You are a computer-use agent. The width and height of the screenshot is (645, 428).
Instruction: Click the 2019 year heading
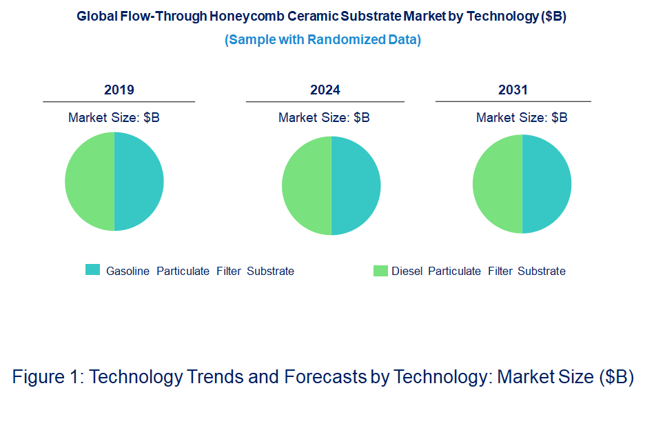pyautogui.click(x=119, y=90)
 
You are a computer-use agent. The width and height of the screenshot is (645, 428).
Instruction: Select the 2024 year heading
pyautogui.click(x=325, y=90)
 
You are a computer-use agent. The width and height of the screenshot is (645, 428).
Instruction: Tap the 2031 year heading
pyautogui.click(x=513, y=90)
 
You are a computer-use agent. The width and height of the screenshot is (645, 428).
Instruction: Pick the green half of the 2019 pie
pyautogui.click(x=90, y=181)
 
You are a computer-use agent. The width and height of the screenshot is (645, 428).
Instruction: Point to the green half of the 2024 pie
pyautogui.click(x=307, y=185)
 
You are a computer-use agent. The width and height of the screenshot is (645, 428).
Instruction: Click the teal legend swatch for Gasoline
pyautogui.click(x=92, y=270)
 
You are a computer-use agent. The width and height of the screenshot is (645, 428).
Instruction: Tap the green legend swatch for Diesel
pyautogui.click(x=380, y=271)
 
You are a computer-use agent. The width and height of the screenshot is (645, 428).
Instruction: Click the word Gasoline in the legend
pyautogui.click(x=127, y=272)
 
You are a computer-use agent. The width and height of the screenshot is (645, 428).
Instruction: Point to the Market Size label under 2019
pyautogui.click(x=114, y=118)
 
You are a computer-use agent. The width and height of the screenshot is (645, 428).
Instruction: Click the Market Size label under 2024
pyautogui.click(x=324, y=118)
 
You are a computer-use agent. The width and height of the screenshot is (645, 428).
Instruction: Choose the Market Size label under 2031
pyautogui.click(x=522, y=118)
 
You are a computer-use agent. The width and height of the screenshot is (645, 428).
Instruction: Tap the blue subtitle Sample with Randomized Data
pyautogui.click(x=322, y=40)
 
